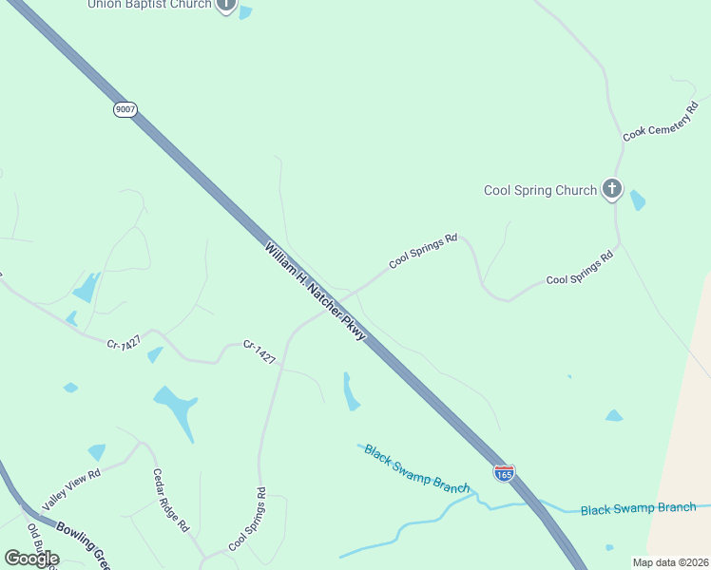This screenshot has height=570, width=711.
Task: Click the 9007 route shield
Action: [125, 109]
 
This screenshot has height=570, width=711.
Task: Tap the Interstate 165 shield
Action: [504, 472]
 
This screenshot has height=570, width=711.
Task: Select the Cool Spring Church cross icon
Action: [612, 189]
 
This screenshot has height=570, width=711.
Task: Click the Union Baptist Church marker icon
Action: [225, 5]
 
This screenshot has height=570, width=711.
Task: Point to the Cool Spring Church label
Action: [540, 190]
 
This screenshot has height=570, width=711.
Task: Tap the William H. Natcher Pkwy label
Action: [315, 291]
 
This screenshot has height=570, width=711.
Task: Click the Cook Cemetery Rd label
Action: [661, 121]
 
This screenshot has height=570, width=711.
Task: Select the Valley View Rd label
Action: [70, 488]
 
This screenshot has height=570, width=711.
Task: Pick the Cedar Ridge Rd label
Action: [172, 500]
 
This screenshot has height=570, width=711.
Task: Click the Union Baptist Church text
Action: [149, 5]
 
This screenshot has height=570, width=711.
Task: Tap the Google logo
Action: [31, 559]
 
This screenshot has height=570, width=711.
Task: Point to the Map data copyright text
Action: [670, 562]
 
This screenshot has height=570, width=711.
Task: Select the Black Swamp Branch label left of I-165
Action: [416, 467]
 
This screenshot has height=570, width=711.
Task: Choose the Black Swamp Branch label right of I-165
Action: [638, 508]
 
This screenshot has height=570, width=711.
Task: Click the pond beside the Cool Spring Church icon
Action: [637, 199]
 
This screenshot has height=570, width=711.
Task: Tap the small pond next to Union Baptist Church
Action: [246, 12]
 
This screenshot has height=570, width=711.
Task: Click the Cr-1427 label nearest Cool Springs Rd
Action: [259, 352]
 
